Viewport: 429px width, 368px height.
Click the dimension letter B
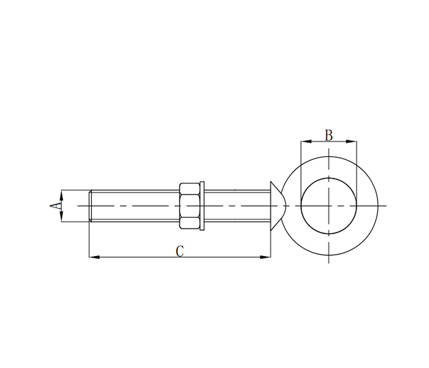(328, 135)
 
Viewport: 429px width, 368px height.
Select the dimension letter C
(180, 251)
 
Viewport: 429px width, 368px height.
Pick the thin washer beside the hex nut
(202, 205)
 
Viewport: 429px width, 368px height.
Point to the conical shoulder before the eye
(277, 205)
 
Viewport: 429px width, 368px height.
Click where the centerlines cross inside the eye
(329, 205)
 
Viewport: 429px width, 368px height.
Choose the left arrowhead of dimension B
(304, 142)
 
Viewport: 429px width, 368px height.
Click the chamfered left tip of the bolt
(91, 205)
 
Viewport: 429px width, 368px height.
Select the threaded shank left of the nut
(135, 205)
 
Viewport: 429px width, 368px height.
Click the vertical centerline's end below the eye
(329, 263)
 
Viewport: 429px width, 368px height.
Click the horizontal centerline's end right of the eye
(386, 205)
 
